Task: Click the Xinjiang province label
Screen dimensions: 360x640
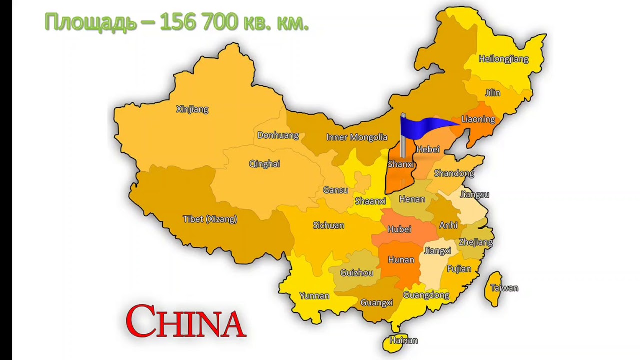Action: click(192, 109)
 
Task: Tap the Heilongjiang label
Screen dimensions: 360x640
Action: click(503, 59)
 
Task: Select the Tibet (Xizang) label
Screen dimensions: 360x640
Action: click(210, 219)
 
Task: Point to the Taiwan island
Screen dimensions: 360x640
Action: click(494, 289)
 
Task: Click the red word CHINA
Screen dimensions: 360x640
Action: click(186, 321)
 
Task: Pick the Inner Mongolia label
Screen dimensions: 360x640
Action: click(357, 137)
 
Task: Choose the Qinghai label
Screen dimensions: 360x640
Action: click(264, 164)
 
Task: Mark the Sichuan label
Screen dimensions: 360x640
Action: click(328, 225)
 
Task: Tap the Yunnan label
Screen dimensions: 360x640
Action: click(314, 296)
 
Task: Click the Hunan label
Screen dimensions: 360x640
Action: click(401, 260)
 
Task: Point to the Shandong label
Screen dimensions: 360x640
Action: click(454, 173)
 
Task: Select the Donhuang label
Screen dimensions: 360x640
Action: click(278, 135)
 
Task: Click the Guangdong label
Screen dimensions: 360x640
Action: click(426, 295)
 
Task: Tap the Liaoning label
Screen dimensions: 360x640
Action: click(478, 119)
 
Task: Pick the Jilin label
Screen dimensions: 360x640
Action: click(492, 93)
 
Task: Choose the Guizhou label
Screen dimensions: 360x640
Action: click(357, 273)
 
